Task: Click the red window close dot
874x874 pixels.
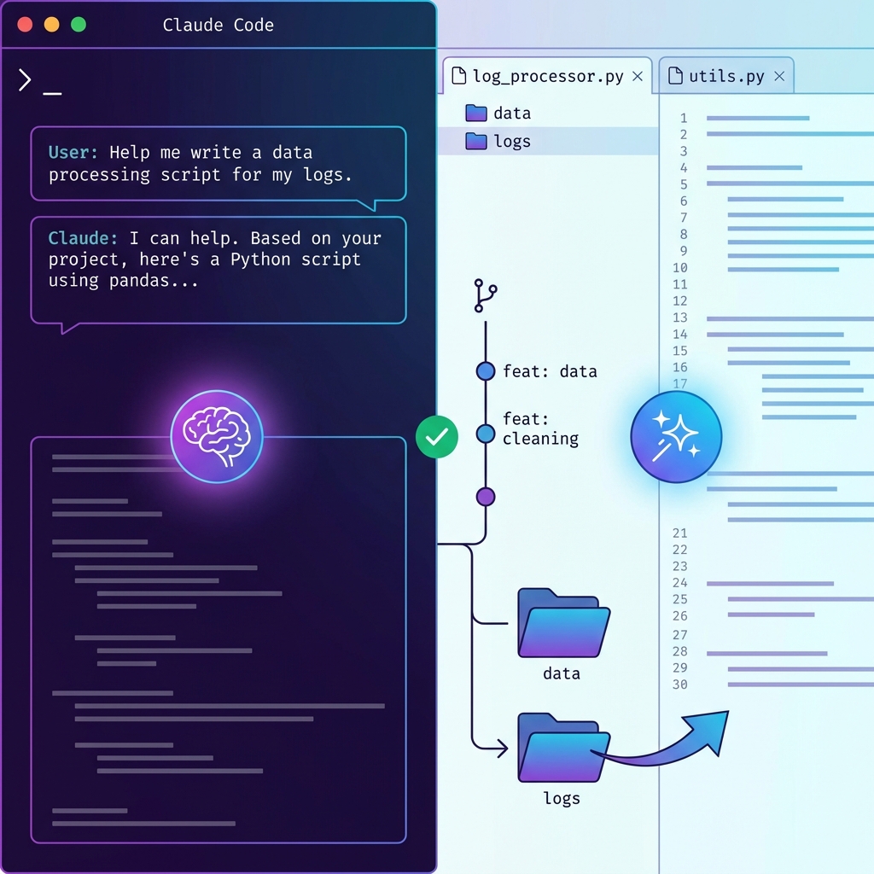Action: (x=25, y=25)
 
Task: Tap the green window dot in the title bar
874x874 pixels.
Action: (x=79, y=25)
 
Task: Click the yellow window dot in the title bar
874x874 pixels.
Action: (x=51, y=25)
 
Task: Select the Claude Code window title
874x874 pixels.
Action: (x=218, y=25)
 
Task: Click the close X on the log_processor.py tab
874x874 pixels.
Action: (x=638, y=76)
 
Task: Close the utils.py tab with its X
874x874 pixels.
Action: (x=779, y=76)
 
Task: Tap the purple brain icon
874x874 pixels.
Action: (x=217, y=436)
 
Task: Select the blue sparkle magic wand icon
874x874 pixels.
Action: (x=676, y=436)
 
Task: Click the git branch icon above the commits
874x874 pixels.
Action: (x=485, y=295)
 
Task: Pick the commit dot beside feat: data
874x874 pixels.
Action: (x=486, y=371)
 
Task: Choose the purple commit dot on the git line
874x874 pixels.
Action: (x=486, y=496)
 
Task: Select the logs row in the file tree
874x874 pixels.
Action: (x=512, y=142)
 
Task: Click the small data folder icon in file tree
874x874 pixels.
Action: (x=475, y=113)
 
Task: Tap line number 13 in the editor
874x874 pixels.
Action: (x=679, y=318)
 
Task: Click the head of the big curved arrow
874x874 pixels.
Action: (x=715, y=727)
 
